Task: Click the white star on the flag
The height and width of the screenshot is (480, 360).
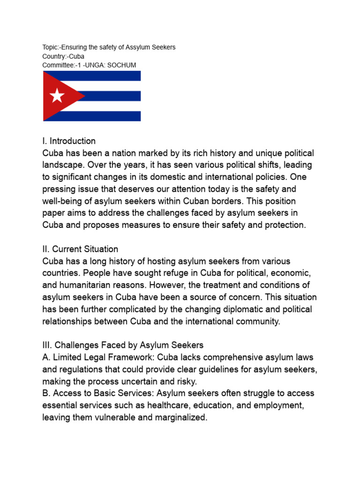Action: tap(57, 96)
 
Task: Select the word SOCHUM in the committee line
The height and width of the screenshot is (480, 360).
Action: tap(122, 65)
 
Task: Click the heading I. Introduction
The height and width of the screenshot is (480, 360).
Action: tap(69, 141)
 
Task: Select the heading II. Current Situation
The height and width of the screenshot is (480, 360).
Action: tap(80, 249)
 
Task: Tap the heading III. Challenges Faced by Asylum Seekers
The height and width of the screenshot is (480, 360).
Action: tap(123, 345)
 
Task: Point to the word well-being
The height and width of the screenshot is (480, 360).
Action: tap(63, 202)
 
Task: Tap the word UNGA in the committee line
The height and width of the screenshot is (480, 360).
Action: tap(94, 65)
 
